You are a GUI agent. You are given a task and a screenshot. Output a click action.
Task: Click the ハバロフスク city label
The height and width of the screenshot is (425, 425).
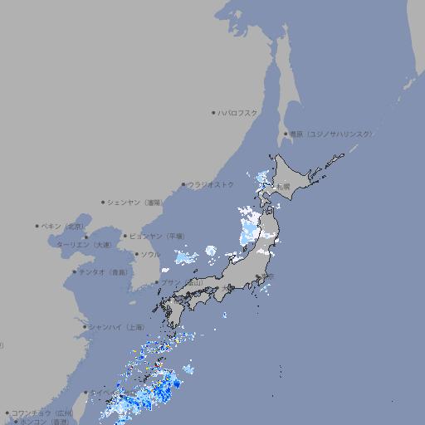[238, 112]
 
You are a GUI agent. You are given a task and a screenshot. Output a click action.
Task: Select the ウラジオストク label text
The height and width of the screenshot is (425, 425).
[211, 184]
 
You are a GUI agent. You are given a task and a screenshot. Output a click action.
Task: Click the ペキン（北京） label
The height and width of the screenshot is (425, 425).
[63, 226]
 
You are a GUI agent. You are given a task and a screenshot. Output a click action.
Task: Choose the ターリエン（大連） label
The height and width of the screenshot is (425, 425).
[84, 245]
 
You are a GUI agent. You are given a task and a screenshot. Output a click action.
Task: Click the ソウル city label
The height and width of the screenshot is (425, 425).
[150, 254]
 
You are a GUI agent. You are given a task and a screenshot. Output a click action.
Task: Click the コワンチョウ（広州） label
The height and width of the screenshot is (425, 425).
[42, 413]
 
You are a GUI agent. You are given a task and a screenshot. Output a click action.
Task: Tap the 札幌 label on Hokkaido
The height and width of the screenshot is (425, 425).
[284, 186]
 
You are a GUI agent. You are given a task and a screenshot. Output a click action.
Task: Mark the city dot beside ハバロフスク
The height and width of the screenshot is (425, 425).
[213, 112]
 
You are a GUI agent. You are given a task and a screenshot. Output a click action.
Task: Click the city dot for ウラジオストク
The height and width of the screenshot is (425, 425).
[183, 184]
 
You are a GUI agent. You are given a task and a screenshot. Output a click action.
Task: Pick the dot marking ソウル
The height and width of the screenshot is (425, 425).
[136, 254]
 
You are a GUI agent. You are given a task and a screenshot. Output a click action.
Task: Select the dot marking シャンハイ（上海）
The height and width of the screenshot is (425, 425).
[85, 327]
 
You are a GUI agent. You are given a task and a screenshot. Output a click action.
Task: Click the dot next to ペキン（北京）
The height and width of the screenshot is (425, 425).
[37, 226]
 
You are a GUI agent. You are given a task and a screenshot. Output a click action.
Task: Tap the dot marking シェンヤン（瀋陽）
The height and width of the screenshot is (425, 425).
[104, 202]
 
